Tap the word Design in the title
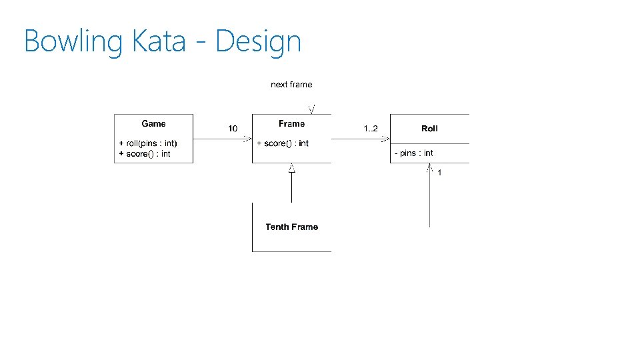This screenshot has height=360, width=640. point(258,41)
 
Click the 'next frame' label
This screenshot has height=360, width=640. point(291,85)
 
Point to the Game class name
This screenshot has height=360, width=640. point(153,123)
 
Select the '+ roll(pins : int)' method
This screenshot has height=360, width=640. point(148,143)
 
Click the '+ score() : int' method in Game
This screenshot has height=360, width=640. point(145,154)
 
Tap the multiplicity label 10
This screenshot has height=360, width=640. point(233,128)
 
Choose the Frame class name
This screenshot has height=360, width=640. point(291,123)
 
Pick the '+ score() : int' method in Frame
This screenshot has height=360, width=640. point(283,143)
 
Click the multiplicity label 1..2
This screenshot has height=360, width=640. point(370,128)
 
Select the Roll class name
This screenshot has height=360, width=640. point(429,128)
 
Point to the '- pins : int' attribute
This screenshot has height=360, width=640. point(414,153)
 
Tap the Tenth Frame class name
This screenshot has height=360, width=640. point(291,227)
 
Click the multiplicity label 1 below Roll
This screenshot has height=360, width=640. point(439,173)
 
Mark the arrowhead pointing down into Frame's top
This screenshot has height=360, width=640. point(311,109)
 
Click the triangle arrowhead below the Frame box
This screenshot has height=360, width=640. point(291,169)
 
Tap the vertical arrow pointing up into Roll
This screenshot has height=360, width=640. point(429,200)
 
